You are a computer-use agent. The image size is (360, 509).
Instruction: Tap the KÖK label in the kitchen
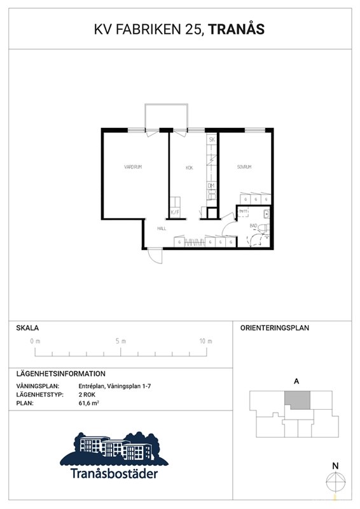click(x=189, y=168)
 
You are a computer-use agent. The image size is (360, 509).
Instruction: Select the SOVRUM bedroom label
click(x=245, y=167)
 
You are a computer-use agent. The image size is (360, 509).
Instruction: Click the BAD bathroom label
click(x=253, y=225)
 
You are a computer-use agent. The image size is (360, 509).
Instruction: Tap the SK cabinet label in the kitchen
click(x=212, y=139)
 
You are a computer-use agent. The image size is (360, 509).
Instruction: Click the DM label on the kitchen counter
click(x=211, y=186)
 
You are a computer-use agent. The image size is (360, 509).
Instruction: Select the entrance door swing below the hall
click(x=154, y=255)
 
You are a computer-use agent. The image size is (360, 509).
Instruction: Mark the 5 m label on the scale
click(x=121, y=342)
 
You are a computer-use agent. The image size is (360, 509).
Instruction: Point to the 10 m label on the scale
click(x=205, y=342)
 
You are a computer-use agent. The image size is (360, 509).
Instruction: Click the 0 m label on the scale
click(x=35, y=342)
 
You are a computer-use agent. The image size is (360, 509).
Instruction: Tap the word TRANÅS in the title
click(x=236, y=29)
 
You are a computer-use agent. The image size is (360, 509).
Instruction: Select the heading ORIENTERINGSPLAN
click(x=274, y=328)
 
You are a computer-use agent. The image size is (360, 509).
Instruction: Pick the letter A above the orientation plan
click(x=296, y=382)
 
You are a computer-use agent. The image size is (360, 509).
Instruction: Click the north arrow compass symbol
click(x=336, y=482)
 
